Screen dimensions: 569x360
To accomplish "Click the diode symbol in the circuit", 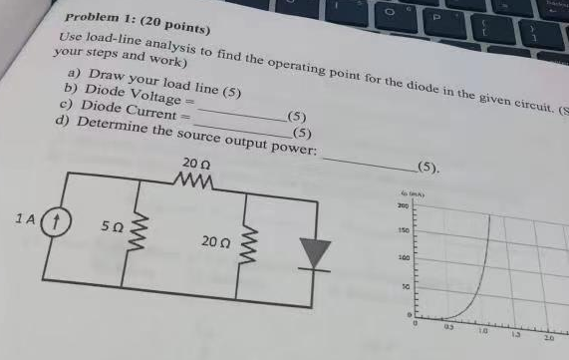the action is pos(316,253).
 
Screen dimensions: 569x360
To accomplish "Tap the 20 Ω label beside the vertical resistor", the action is pos(215,243).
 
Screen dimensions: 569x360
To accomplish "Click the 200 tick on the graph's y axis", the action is pos(405,205).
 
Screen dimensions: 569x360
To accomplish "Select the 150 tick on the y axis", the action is pos(405,231).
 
